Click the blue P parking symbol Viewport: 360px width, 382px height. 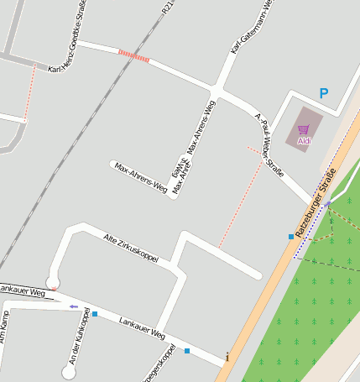(324, 94)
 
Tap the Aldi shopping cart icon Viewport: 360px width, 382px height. (303, 129)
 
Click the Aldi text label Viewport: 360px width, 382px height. (304, 140)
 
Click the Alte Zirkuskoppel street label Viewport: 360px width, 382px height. (130, 248)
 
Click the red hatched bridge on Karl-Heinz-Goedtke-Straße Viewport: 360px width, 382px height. (134, 56)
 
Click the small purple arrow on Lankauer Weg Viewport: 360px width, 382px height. (74, 306)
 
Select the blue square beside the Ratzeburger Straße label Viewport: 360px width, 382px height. (291, 237)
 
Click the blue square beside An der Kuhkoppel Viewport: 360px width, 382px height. (95, 314)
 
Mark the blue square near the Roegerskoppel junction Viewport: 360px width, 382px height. (187, 351)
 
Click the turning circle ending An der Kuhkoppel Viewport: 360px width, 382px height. (69, 371)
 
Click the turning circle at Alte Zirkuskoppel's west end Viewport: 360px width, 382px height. (54, 280)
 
